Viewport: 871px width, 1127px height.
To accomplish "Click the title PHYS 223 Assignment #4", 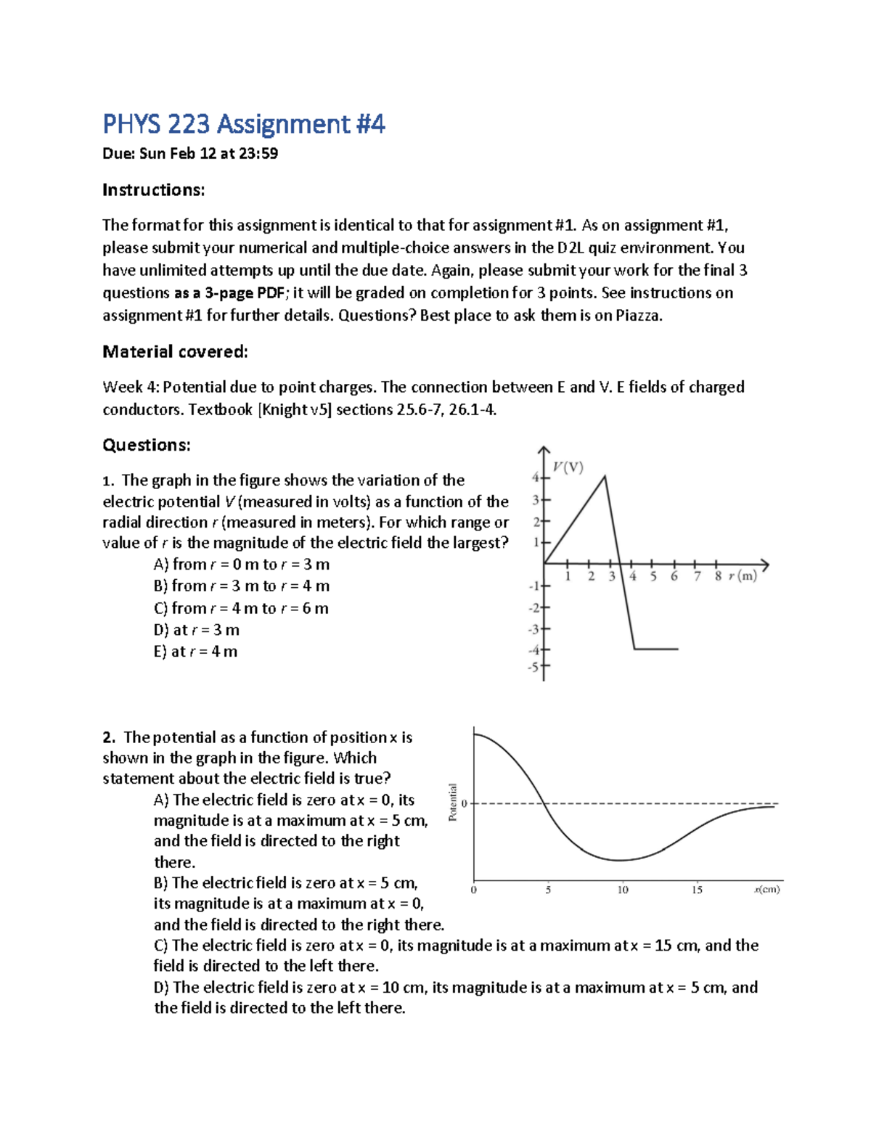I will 243,124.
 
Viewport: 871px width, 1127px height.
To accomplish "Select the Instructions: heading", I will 153,190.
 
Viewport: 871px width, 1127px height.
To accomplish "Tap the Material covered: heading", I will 175,352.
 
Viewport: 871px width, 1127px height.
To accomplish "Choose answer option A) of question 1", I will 241,565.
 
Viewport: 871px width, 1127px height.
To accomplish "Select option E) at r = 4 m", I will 195,652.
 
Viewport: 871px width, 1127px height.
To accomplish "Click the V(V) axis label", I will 568,467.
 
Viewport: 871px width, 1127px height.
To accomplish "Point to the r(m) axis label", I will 743,576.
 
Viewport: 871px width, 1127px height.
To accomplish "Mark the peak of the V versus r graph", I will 605,476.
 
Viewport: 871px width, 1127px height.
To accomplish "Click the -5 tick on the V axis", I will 534,666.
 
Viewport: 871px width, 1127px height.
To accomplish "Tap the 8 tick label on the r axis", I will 717,576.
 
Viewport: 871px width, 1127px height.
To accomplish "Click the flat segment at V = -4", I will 656,649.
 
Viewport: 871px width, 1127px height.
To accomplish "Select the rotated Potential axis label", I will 453,803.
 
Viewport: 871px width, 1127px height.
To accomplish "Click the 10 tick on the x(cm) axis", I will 623,890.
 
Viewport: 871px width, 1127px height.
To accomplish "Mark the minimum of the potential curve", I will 619,861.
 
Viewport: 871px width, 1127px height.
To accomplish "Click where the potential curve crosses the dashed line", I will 544,803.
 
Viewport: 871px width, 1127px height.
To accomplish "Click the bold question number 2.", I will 109,738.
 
